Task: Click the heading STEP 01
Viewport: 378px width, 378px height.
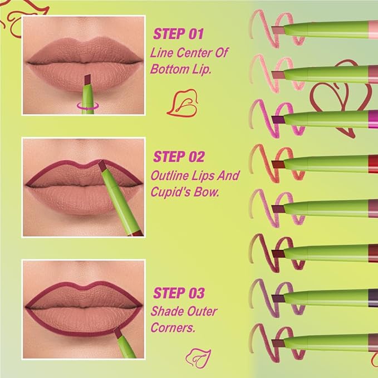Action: click(178, 35)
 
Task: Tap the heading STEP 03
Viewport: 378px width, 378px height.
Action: click(179, 292)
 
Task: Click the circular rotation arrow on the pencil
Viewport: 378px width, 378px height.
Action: click(87, 102)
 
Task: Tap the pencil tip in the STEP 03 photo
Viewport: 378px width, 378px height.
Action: click(117, 332)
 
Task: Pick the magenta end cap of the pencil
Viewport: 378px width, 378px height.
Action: click(372, 117)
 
